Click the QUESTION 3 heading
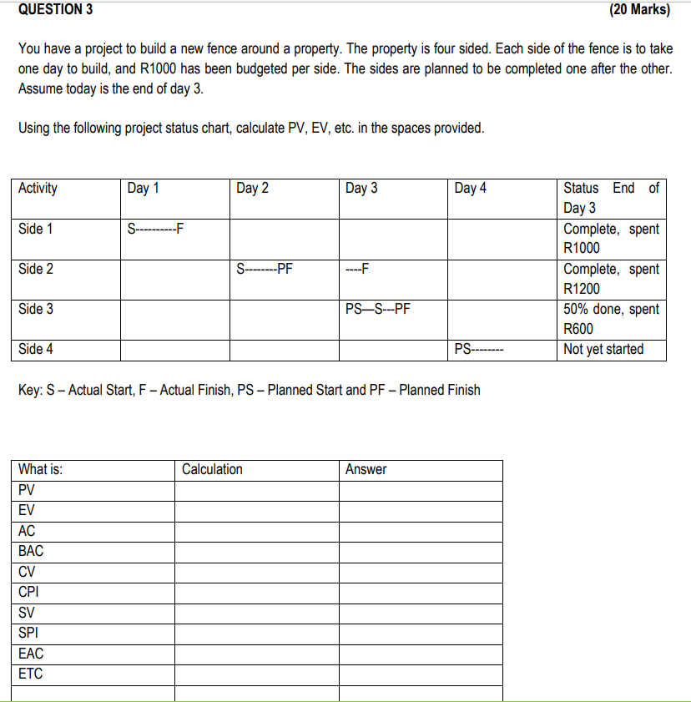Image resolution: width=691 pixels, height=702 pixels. coord(55,10)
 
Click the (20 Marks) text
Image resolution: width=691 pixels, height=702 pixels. coord(640,10)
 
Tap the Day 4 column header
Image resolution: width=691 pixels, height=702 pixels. coord(470,189)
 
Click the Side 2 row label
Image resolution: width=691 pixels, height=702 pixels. coord(36,269)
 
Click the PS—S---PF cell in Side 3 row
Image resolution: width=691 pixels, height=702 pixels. coord(377,309)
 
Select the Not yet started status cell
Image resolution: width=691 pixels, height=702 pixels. coord(603,349)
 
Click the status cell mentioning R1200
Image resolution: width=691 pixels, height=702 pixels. coord(611,279)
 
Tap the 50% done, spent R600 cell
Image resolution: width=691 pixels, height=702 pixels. coord(611,319)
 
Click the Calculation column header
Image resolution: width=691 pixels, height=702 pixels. coord(212,469)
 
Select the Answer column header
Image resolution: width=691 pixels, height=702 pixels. coord(366,469)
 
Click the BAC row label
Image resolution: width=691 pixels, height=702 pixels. coord(31,551)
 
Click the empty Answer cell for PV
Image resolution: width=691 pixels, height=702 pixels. coord(421,490)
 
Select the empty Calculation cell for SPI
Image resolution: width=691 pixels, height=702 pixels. coord(256,633)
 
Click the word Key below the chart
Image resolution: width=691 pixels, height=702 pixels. coord(29,390)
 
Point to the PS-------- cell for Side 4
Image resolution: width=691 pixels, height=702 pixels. coord(478,349)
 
